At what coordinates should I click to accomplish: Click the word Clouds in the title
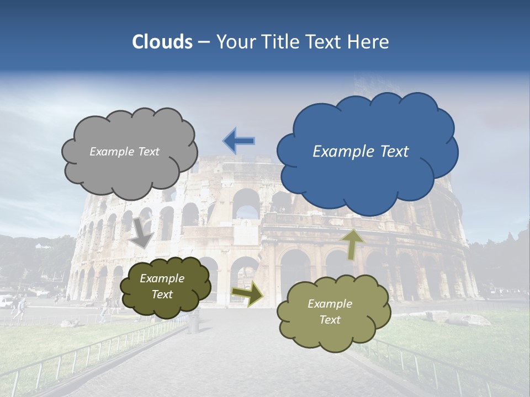[x=162, y=42]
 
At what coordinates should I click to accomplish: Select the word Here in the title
[x=368, y=42]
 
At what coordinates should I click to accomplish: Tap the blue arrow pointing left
[x=239, y=141]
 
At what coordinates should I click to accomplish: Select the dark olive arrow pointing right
[x=247, y=294]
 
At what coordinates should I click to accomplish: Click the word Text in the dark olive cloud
[x=162, y=294]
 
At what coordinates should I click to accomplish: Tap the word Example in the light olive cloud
[x=330, y=304]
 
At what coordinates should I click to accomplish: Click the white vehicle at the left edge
[x=5, y=301]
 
